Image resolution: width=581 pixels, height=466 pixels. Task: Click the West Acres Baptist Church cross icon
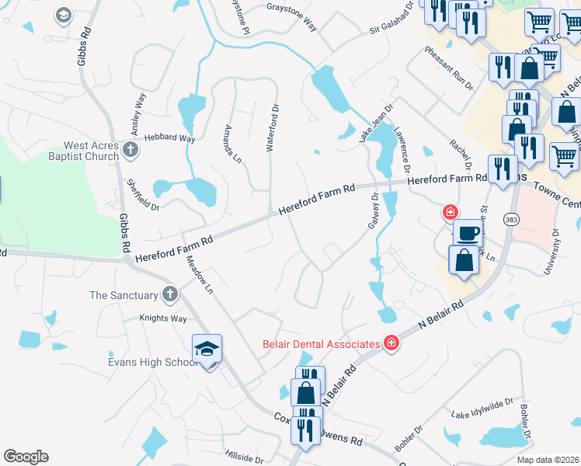[x=130, y=150]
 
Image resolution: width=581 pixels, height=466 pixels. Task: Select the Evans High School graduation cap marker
[x=207, y=350]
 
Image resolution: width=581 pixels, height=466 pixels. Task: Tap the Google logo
[x=26, y=457]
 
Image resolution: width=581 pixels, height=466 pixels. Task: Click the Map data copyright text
[x=548, y=460]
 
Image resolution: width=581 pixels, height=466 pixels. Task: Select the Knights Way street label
[x=163, y=318]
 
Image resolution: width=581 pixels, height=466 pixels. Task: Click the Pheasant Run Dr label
[x=448, y=68]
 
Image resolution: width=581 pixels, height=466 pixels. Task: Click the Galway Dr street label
[x=373, y=210]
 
